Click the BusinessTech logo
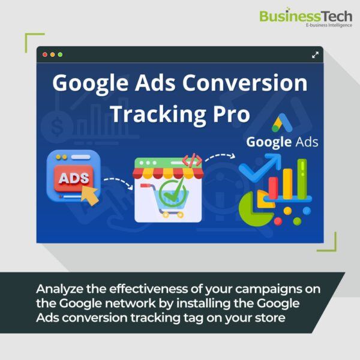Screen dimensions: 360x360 305,18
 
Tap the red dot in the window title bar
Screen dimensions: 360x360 45,55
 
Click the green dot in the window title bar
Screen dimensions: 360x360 60,55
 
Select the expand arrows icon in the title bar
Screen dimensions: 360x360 315,55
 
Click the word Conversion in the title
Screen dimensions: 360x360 245,83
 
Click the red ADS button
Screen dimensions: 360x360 74,178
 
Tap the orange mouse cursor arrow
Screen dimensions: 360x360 90,196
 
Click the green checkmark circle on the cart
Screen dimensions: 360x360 172,193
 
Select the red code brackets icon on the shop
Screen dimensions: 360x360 192,160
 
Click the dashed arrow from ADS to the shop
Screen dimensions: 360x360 118,183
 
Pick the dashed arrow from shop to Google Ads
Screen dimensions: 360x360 220,157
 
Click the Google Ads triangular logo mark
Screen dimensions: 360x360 282,123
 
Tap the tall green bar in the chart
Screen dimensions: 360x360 302,179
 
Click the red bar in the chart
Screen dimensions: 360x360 273,188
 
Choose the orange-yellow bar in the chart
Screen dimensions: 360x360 287,184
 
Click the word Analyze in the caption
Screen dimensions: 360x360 59,289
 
